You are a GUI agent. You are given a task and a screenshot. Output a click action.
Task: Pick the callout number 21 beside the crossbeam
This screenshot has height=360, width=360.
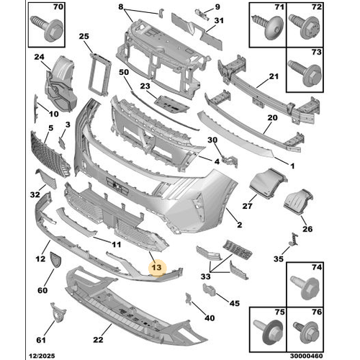[274, 76]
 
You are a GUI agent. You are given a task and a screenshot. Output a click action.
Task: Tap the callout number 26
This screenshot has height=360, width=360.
[308, 230]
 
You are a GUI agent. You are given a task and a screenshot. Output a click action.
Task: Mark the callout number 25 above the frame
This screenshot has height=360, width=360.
[84, 36]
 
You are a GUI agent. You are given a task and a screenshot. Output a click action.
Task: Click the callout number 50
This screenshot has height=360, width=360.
[123, 72]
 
